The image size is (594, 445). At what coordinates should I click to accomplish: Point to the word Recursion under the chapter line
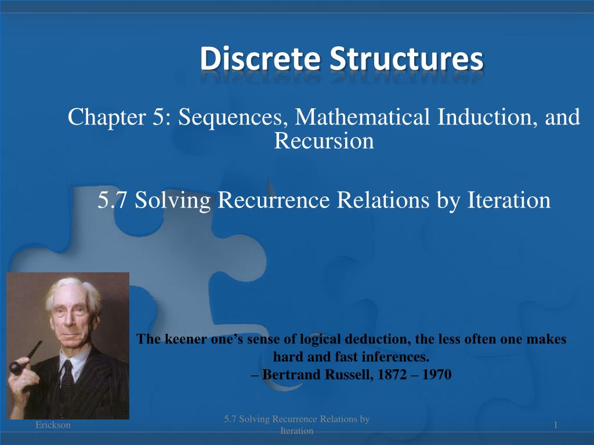coord(324,141)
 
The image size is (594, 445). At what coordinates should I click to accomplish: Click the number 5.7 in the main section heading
coord(114,200)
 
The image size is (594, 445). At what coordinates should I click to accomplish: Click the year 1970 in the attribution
coord(436,374)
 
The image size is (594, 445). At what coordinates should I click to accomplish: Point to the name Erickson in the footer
coord(53,425)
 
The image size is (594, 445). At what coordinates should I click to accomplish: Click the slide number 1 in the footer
coord(555,426)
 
